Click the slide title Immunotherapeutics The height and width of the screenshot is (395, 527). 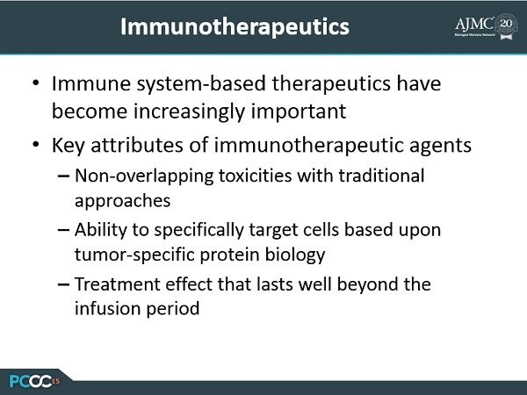coord(235,27)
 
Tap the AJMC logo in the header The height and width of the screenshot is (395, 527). coord(486,26)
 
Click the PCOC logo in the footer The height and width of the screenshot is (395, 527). coord(34,381)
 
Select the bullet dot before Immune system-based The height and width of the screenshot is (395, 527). coord(36,83)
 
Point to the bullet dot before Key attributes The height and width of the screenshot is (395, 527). coord(36,145)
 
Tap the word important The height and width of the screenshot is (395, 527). coord(299,111)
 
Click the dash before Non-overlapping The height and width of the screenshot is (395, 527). coord(63,176)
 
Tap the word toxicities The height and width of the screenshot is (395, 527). coord(255,176)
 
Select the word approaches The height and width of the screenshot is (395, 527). coord(122,202)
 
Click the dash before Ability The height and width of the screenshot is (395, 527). coord(63,230)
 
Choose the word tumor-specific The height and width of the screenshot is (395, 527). coord(134,255)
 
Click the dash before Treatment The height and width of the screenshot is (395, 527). coord(63,284)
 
